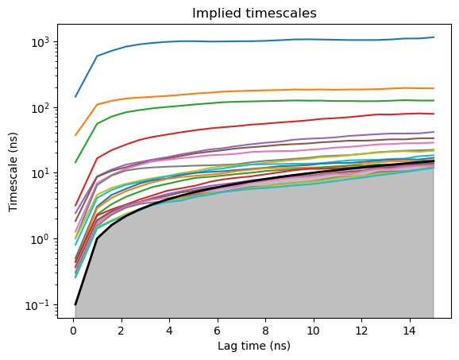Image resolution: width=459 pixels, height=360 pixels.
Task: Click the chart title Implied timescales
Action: click(254, 14)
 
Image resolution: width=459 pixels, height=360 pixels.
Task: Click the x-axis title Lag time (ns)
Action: click(254, 346)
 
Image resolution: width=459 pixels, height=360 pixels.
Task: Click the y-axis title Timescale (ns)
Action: click(13, 172)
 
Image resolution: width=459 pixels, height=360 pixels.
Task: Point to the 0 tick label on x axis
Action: click(73, 331)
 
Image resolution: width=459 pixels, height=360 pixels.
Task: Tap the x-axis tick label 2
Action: click(121, 331)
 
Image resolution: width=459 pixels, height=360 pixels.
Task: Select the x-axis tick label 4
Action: click(169, 331)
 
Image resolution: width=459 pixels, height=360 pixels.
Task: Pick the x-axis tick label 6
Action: click(218, 331)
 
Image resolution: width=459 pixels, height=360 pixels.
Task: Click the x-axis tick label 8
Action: click(265, 331)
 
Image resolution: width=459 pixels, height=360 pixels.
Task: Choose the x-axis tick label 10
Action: click(313, 331)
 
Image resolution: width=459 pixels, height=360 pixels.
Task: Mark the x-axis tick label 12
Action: click(361, 331)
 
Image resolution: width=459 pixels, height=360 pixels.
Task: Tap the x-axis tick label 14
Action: click(409, 331)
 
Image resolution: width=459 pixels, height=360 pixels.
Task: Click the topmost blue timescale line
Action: click(255, 41)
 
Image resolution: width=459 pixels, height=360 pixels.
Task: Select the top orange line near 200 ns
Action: click(255, 91)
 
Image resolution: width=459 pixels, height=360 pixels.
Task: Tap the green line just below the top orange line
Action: click(255, 102)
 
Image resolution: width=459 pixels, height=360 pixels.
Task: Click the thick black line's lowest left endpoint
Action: click(75, 305)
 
